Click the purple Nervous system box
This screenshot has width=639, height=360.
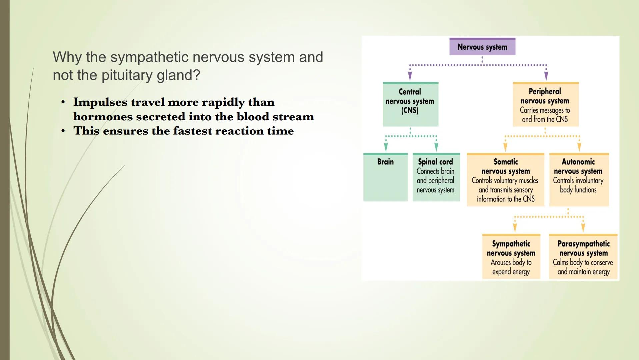482,47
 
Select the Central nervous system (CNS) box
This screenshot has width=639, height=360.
410,104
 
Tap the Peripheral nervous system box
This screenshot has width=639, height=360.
545,104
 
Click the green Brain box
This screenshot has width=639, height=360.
385,177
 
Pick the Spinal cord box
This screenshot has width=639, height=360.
436,177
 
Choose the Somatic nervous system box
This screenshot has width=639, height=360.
505,180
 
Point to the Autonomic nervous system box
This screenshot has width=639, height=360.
579,179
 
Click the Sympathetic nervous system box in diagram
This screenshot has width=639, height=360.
511,257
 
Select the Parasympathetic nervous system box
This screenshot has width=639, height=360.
583,257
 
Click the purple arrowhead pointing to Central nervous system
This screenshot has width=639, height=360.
410,76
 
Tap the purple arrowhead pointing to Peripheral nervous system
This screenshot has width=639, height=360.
546,76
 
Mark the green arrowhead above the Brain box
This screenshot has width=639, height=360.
386,147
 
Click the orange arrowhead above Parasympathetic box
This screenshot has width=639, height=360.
583,228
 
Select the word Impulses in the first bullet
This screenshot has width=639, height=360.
100,102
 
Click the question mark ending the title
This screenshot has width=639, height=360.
197,75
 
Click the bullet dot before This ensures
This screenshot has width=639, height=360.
63,131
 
